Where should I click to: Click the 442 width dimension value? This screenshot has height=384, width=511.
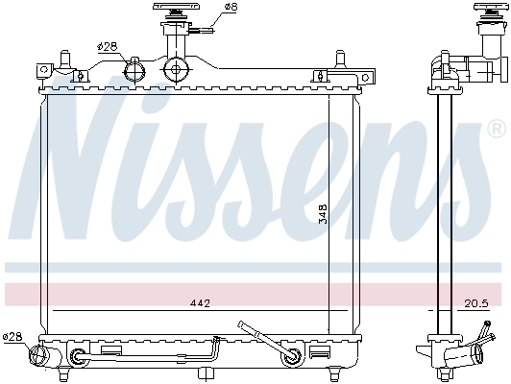pos(199,304)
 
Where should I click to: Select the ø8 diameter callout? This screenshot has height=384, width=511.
pos(230,9)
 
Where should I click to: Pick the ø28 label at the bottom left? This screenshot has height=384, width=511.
pos(12,336)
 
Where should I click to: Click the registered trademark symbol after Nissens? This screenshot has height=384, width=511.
pos(497,155)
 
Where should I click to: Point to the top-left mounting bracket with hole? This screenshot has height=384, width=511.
pos(43,69)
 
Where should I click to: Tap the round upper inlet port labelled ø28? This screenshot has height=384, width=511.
pos(134,69)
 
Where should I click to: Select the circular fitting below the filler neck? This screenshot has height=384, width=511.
pos(175,68)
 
